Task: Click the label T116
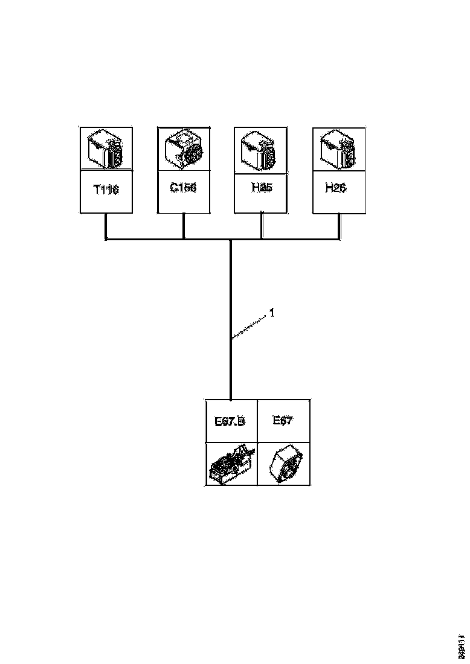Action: [x=106, y=190]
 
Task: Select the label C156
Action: [x=182, y=188]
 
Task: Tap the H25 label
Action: [x=262, y=188]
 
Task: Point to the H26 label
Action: [x=335, y=188]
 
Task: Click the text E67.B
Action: [x=230, y=421]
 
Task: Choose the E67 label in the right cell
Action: [x=282, y=421]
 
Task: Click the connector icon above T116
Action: [x=106, y=148]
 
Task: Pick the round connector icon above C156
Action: [x=184, y=148]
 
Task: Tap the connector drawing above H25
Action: [x=260, y=148]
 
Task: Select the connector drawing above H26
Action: [x=338, y=148]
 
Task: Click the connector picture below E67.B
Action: [x=230, y=464]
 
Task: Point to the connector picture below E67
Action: [x=285, y=464]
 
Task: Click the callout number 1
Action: [x=272, y=313]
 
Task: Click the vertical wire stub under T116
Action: [x=106, y=226]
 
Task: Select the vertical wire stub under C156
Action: [x=184, y=226]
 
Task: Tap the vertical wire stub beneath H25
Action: [x=261, y=226]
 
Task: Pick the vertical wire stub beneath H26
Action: [x=338, y=226]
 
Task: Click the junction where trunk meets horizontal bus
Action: [x=231, y=240]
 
